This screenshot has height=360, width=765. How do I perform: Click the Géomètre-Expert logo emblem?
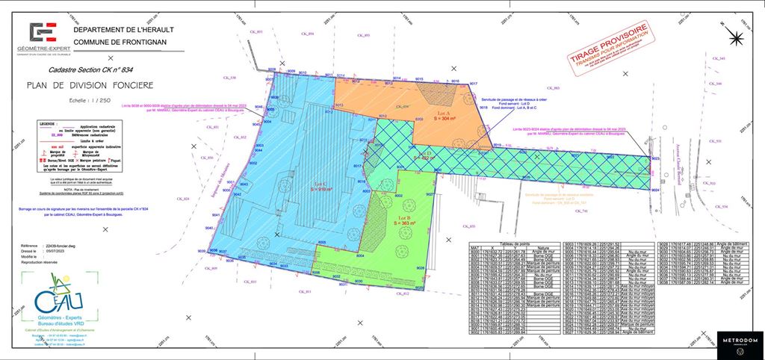(43, 33)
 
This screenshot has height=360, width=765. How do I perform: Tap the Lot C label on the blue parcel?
(320, 184)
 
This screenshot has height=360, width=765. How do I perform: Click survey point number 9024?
(654, 190)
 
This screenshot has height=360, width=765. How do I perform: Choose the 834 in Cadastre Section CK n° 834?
(133, 69)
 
